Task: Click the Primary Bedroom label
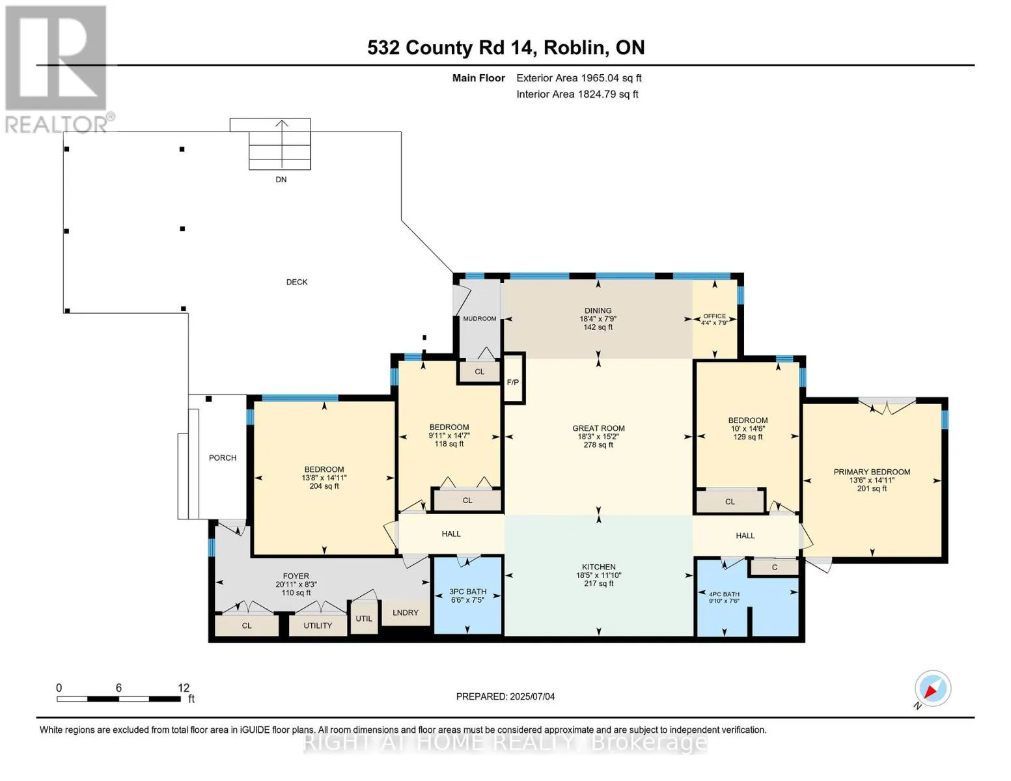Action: point(872,472)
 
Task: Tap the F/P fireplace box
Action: point(513,378)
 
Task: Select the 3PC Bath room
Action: point(467,596)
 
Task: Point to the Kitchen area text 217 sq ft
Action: point(599,583)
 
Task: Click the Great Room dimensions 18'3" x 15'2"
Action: point(598,436)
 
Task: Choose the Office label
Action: point(715,316)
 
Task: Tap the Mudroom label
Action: point(479,319)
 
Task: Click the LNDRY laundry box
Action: point(405,612)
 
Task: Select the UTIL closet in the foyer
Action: point(364,618)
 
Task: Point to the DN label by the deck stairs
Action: point(281,180)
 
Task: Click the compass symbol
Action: point(932,689)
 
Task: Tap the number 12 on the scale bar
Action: point(184,687)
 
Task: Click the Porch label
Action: point(223,458)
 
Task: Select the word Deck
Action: point(297,282)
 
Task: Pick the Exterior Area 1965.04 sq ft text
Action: point(579,78)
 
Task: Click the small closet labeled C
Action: point(774,567)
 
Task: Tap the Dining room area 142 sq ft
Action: point(598,327)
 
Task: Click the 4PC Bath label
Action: point(724,594)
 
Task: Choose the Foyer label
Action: point(296,576)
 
